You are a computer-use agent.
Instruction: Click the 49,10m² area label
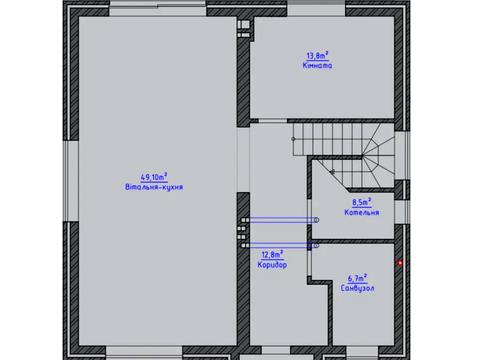tap(154, 177)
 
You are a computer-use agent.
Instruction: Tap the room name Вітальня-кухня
tap(154, 187)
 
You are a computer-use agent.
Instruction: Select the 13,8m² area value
tap(317, 55)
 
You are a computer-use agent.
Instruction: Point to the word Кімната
tap(317, 65)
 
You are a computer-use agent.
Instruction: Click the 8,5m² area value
tap(362, 202)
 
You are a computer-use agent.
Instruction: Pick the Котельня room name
tap(362, 212)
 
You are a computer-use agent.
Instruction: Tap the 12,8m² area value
tap(272, 255)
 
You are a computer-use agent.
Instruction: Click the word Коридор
tap(272, 265)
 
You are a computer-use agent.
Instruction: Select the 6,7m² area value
tap(358, 278)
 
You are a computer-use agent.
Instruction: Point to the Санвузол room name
tap(357, 288)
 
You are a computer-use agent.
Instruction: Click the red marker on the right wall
tap(400, 263)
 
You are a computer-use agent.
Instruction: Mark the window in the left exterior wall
tap(71, 181)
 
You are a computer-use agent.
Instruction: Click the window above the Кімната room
tap(316, 8)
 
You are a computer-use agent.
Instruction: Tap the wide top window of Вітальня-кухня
tap(158, 8)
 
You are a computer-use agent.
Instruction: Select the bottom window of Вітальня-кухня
tap(144, 353)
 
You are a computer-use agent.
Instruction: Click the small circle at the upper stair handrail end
tap(293, 139)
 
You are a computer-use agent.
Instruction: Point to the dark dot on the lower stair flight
tap(332, 172)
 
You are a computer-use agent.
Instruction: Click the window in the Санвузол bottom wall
tap(362, 353)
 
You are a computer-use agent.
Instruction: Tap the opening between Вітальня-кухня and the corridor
tap(243, 160)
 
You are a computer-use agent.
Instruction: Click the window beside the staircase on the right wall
tap(402, 155)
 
